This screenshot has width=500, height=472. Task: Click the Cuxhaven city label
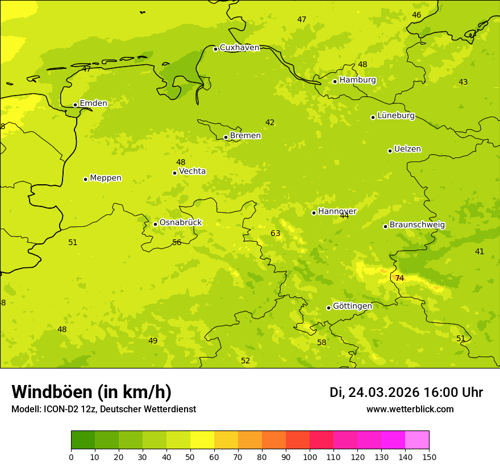pyautogui.click(x=239, y=48)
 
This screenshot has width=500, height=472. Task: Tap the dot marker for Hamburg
pyautogui.click(x=335, y=81)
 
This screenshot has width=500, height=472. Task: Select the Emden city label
pyautogui.click(x=93, y=103)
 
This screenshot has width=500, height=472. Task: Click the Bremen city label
pyautogui.click(x=245, y=136)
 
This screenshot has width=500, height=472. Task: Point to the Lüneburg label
pyautogui.click(x=396, y=115)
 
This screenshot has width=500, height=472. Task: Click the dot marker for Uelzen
pyautogui.click(x=390, y=151)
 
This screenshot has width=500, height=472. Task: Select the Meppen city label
pyautogui.click(x=106, y=178)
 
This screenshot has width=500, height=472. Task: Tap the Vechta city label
pyautogui.click(x=192, y=171)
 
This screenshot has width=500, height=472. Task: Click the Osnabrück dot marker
pyautogui.click(x=155, y=224)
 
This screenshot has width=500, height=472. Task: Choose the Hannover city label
pyautogui.click(x=337, y=212)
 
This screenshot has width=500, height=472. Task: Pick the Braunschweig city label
pyautogui.click(x=417, y=225)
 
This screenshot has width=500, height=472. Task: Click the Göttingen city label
pyautogui.click(x=352, y=306)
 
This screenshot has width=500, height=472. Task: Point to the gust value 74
pyautogui.click(x=399, y=278)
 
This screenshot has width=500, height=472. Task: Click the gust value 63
pyautogui.click(x=276, y=233)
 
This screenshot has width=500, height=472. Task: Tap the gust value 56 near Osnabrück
pyautogui.click(x=177, y=242)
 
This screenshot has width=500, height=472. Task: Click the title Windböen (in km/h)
pyautogui.click(x=91, y=392)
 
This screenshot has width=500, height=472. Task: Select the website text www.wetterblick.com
pyautogui.click(x=410, y=409)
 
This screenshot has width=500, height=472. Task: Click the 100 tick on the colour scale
pyautogui.click(x=310, y=457)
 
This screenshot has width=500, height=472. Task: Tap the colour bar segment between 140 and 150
pyautogui.click(x=417, y=440)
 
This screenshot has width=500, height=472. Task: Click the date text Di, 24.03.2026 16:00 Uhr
pyautogui.click(x=406, y=392)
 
